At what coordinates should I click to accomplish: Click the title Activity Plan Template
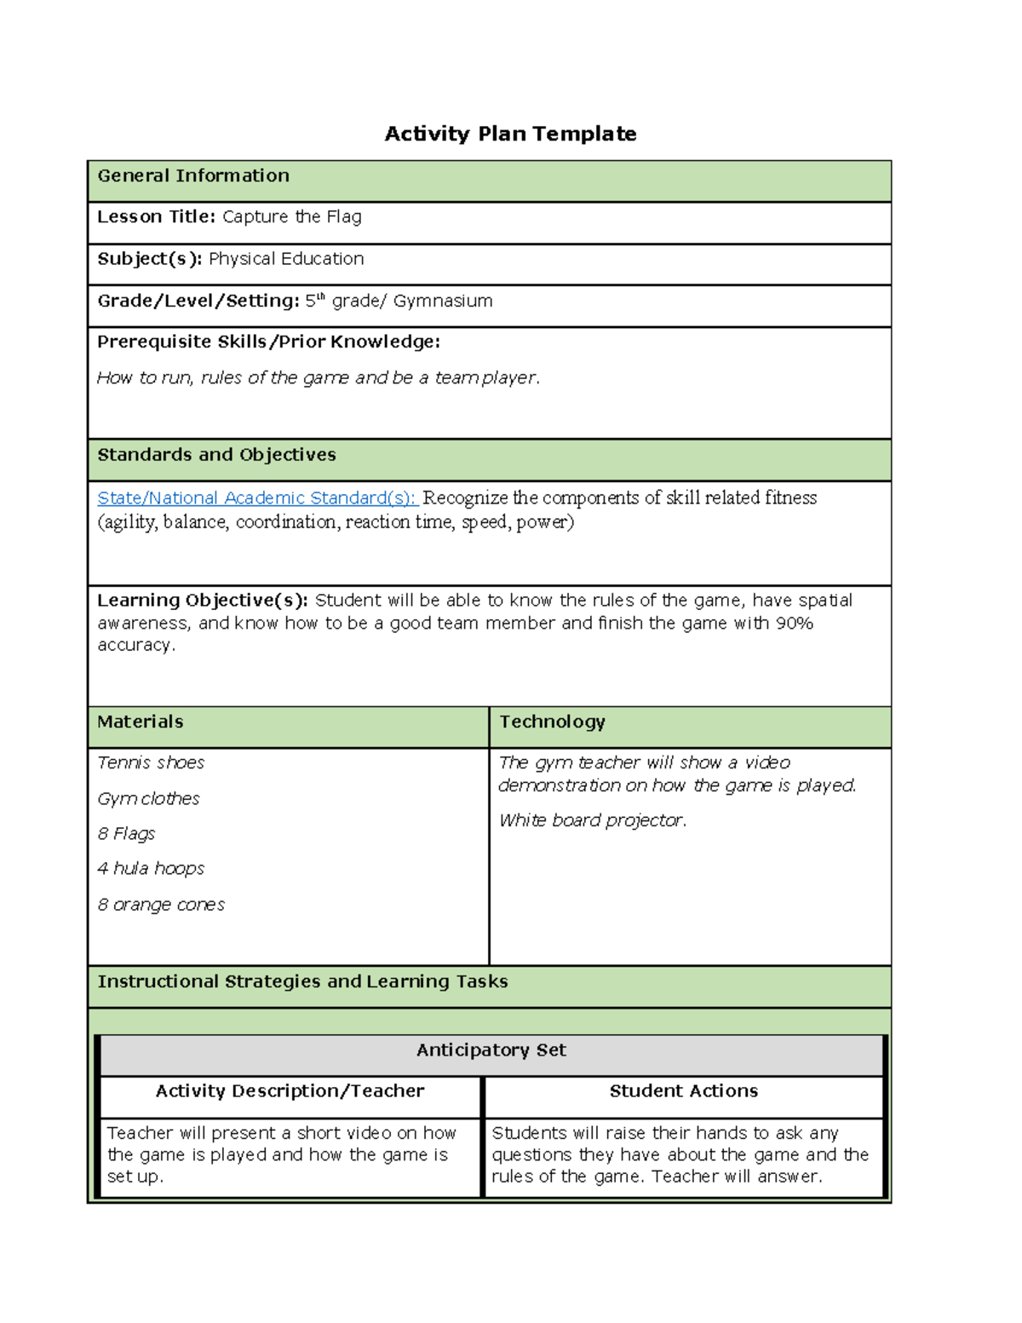click(x=510, y=134)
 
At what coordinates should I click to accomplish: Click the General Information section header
click(x=193, y=175)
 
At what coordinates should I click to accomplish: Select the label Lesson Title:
click(x=157, y=216)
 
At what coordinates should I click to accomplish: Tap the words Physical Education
click(x=286, y=259)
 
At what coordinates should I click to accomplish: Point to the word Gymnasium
click(x=443, y=301)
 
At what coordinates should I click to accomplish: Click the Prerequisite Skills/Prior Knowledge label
click(x=268, y=342)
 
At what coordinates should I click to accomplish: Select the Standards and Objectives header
click(x=216, y=455)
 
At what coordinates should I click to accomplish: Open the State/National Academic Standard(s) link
click(x=256, y=498)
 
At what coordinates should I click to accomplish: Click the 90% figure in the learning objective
click(x=794, y=623)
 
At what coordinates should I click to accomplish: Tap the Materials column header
click(x=141, y=722)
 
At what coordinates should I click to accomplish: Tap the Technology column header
click(x=552, y=722)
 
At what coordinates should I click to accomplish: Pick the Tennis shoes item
click(x=151, y=762)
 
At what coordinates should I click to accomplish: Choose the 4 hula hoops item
click(x=151, y=868)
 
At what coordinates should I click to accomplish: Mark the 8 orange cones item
click(x=161, y=905)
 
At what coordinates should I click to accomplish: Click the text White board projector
click(x=592, y=820)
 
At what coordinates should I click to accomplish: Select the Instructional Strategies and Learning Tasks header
click(x=302, y=981)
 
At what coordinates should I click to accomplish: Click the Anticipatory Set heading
click(x=491, y=1050)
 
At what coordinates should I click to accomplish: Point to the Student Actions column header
click(x=683, y=1091)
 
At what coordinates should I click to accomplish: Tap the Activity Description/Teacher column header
click(x=290, y=1091)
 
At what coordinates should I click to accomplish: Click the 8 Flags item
click(x=126, y=833)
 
